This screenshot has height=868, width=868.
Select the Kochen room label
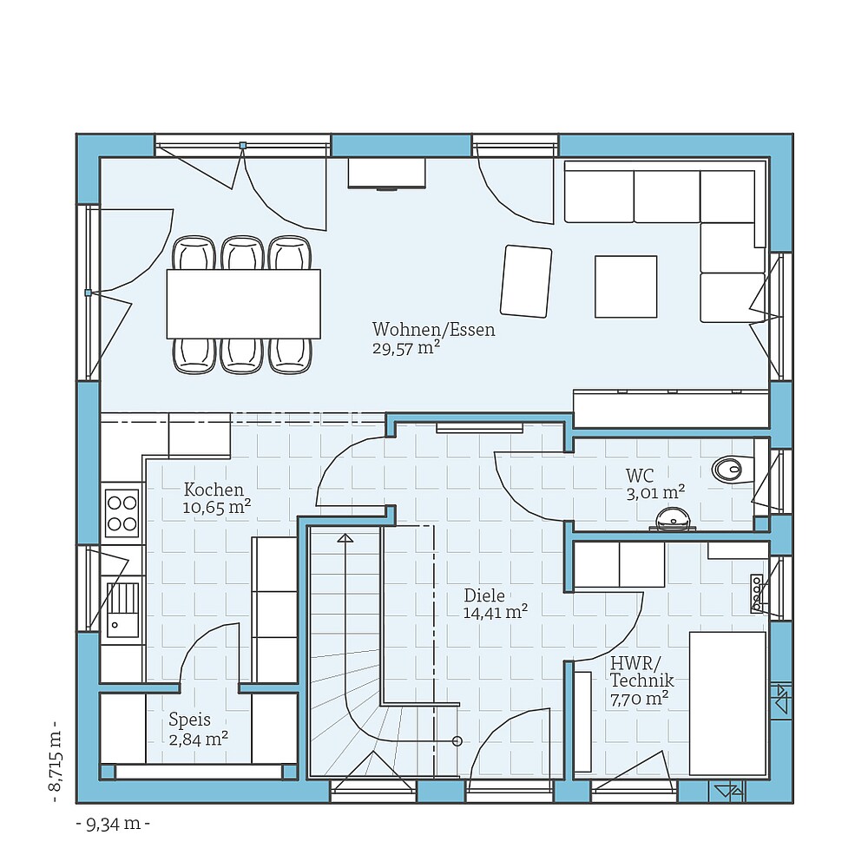coord(214,490)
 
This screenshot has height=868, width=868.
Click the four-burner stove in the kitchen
coord(122,513)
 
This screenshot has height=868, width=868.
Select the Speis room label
coord(189,720)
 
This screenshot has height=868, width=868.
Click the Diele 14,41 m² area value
coord(496,613)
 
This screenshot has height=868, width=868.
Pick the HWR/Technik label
coord(641,673)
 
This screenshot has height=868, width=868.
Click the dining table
coord(243,304)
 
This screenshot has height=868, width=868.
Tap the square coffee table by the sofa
coord(626,286)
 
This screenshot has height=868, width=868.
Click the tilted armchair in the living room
coord(526,281)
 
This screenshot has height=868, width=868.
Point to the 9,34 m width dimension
coord(113,824)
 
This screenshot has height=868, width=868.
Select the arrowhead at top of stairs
coord(346,538)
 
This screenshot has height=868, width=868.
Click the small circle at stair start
coord(457,741)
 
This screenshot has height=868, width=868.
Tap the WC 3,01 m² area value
coord(655,493)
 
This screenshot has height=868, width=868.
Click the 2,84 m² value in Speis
coord(199,739)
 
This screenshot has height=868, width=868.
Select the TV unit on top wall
coord(387,173)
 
